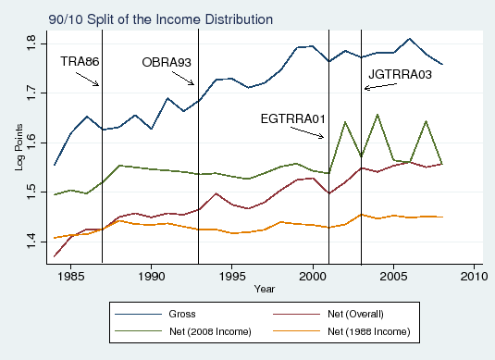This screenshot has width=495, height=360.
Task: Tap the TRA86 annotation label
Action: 80,61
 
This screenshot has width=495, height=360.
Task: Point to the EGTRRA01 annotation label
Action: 291,118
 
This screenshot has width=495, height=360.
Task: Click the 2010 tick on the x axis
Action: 474,275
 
